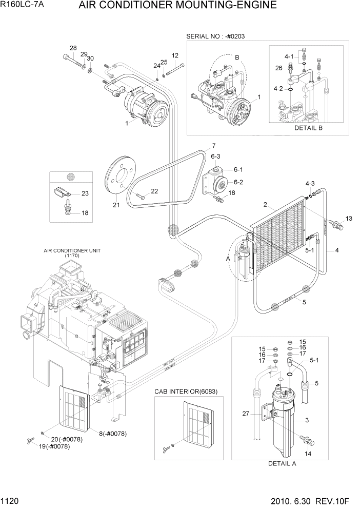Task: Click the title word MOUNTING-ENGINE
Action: (228, 6)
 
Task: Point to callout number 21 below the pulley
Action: (116, 205)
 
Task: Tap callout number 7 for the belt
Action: (213, 145)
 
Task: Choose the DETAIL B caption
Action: (308, 128)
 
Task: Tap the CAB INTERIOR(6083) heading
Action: (186, 391)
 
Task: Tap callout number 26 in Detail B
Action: (278, 68)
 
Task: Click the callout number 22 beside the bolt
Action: (154, 191)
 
